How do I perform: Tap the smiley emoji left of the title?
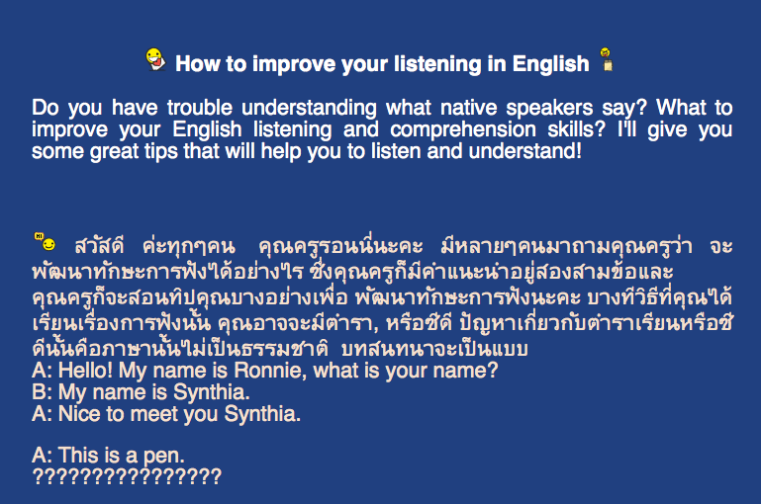pyautogui.click(x=155, y=59)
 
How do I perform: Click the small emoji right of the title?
pyautogui.click(x=607, y=59)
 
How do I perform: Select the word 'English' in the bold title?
pyautogui.click(x=551, y=64)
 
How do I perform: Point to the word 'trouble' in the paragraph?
pyautogui.click(x=200, y=107)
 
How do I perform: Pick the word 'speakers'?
pyautogui.click(x=549, y=108)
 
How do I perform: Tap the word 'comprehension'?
pyautogui.click(x=463, y=129)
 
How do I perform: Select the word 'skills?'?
pyautogui.click(x=577, y=129)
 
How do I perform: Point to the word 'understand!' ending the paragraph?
pyautogui.click(x=525, y=151)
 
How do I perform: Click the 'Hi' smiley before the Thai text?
pyautogui.click(x=45, y=242)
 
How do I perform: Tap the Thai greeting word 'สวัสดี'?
pyautogui.click(x=100, y=246)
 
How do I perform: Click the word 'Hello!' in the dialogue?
pyautogui.click(x=85, y=371)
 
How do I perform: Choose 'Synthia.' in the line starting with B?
pyautogui.click(x=212, y=392)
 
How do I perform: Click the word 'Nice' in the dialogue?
pyautogui.click(x=79, y=414)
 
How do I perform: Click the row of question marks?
pyautogui.click(x=127, y=477)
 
